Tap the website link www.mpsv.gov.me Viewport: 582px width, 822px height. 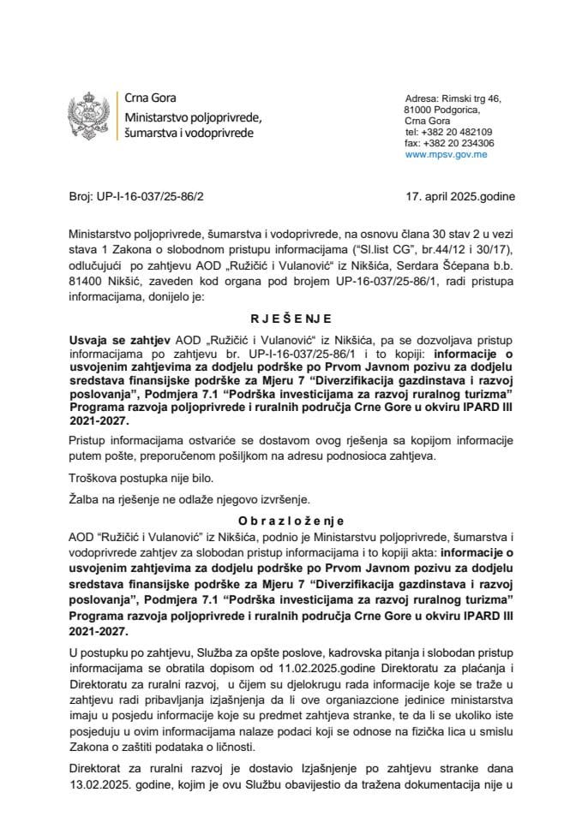447,155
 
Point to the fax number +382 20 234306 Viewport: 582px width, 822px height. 454,144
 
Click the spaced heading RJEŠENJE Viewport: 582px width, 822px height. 291,314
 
